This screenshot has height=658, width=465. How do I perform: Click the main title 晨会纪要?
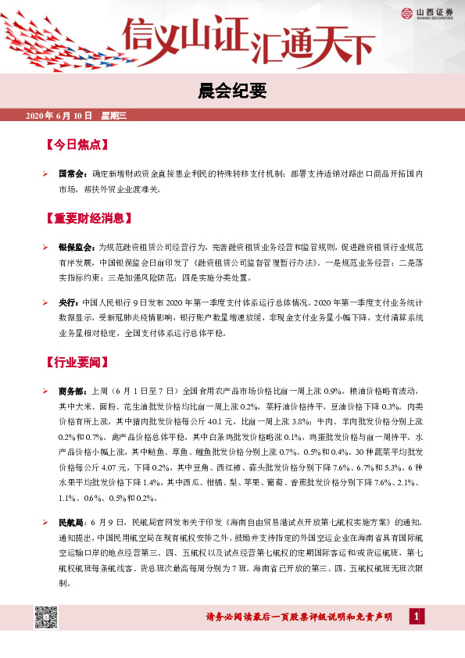pyautogui.click(x=232, y=92)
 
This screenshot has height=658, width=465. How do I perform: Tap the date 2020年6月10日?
pyautogui.click(x=59, y=116)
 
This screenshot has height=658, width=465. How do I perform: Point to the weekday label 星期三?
pyautogui.click(x=113, y=116)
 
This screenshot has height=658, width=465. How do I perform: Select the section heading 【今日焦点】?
pyautogui.click(x=77, y=145)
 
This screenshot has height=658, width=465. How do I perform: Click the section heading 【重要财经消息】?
pyautogui.click(x=88, y=218)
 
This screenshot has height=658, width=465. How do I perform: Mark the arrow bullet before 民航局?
pyautogui.click(x=46, y=520)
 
